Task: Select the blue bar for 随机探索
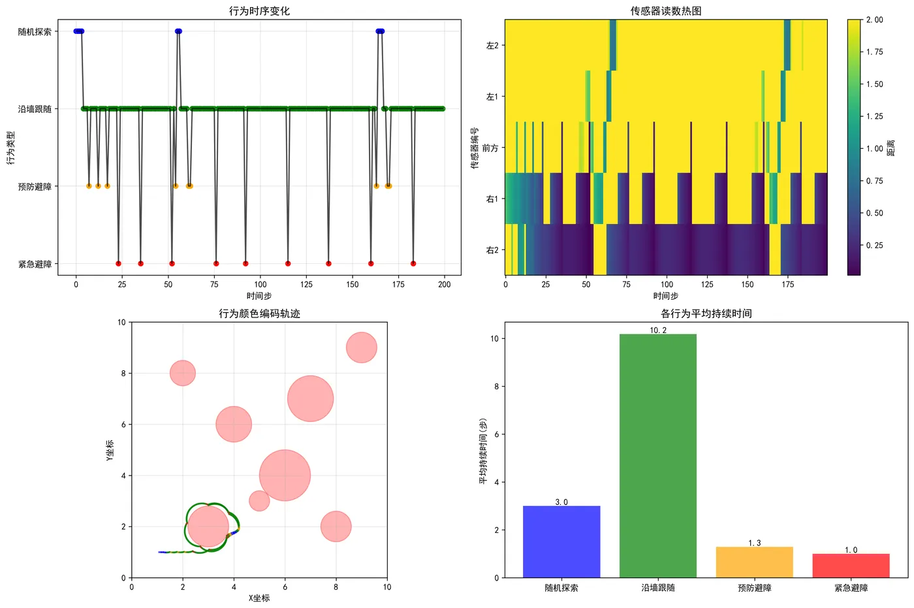click(561, 541)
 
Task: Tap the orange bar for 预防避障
click(754, 562)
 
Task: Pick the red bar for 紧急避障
click(851, 566)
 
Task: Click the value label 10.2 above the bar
click(657, 330)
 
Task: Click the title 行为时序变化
click(259, 11)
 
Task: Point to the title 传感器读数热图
click(665, 11)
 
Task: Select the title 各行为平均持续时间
click(706, 313)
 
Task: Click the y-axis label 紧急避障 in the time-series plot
click(35, 264)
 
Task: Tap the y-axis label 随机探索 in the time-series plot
click(35, 31)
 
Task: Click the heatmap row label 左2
click(492, 46)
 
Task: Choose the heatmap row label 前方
click(490, 148)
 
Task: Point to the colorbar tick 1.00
click(874, 148)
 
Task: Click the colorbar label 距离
click(891, 148)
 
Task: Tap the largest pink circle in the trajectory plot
click(285, 475)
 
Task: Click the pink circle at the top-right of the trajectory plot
click(361, 347)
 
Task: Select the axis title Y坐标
click(110, 450)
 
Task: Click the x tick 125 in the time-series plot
click(306, 284)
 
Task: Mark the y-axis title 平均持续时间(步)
click(483, 451)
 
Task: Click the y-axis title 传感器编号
click(475, 148)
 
